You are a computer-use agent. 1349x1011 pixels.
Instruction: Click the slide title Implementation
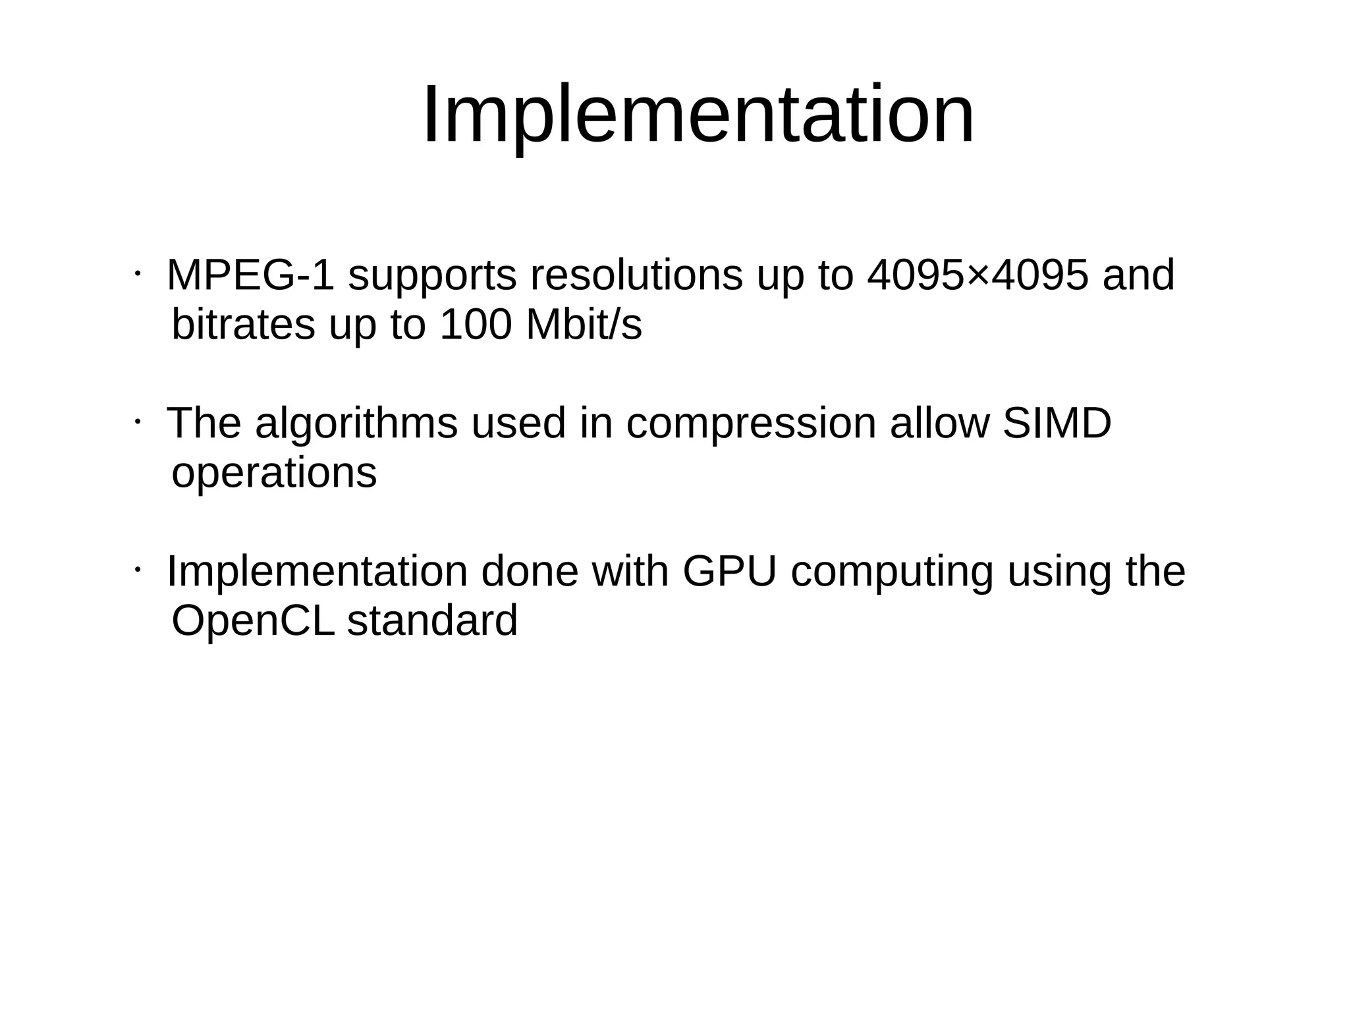[698, 116]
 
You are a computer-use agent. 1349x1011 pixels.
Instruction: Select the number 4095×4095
[977, 275]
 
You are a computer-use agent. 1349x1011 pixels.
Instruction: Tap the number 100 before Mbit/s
[475, 325]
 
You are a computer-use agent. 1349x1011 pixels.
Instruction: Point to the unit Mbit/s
[584, 325]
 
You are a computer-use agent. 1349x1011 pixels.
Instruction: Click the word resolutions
[636, 275]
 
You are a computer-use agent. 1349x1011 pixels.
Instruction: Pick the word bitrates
[243, 325]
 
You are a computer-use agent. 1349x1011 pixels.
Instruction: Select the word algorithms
[356, 424]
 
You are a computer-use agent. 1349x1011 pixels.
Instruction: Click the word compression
[751, 425]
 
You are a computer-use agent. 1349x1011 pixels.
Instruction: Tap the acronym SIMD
[1057, 424]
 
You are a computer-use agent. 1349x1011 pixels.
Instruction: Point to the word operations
[274, 474]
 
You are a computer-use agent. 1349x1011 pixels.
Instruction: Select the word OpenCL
[253, 622]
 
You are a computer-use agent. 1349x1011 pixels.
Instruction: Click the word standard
[432, 622]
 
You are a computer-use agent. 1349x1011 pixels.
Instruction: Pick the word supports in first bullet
[432, 277]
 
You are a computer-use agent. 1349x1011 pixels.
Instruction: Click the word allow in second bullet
[939, 424]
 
